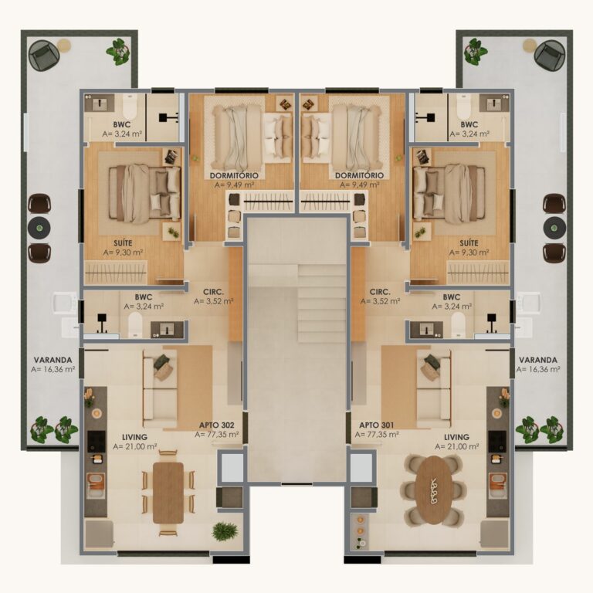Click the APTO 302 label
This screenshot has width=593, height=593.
coord(217,424)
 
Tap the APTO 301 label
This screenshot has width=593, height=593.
coord(376,424)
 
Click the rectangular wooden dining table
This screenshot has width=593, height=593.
coord(168,492)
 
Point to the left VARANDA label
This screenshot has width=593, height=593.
coord(53,359)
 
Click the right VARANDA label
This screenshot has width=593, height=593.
coord(539,359)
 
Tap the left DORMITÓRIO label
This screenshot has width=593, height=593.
coord(233,175)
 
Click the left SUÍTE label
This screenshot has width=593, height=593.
coord(123,242)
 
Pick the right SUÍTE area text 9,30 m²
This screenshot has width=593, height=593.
coord(469,252)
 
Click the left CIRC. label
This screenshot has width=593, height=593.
coord(214,291)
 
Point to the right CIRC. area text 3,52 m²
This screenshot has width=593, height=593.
coord(379,302)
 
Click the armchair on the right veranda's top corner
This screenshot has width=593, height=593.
coord(549,54)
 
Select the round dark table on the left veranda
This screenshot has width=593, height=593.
coord(39,228)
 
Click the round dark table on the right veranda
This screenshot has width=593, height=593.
coord(554,227)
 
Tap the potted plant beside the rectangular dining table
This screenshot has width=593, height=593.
coord(225,530)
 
